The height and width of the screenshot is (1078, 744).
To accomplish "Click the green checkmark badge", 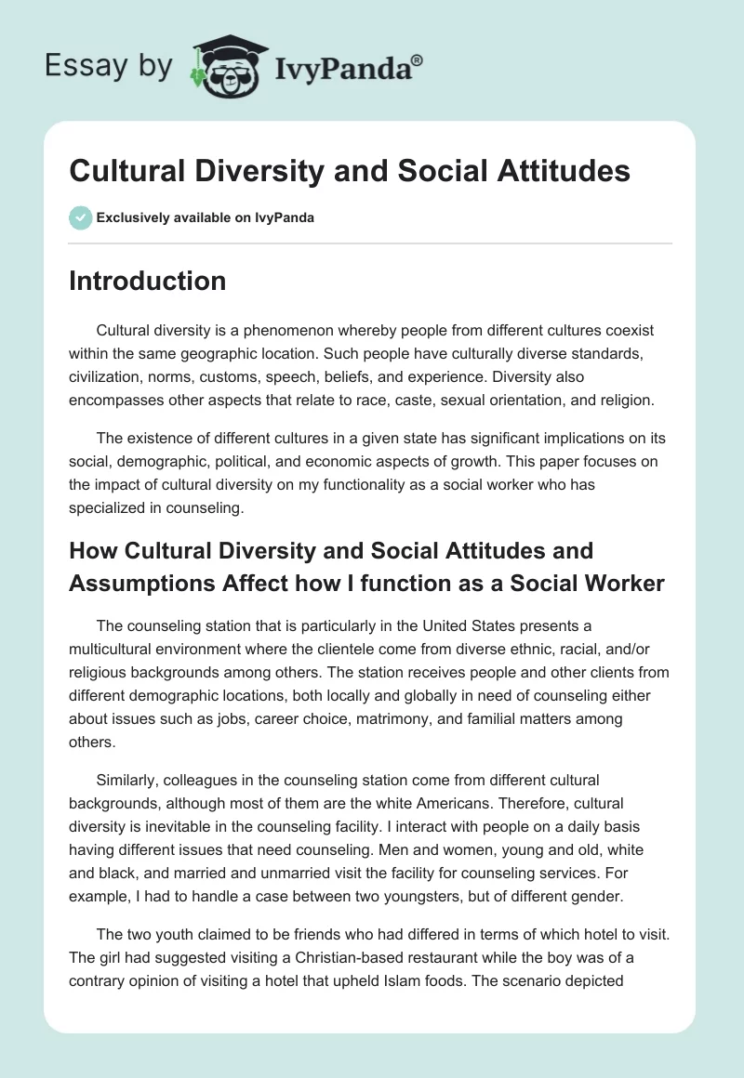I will click(80, 217).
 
